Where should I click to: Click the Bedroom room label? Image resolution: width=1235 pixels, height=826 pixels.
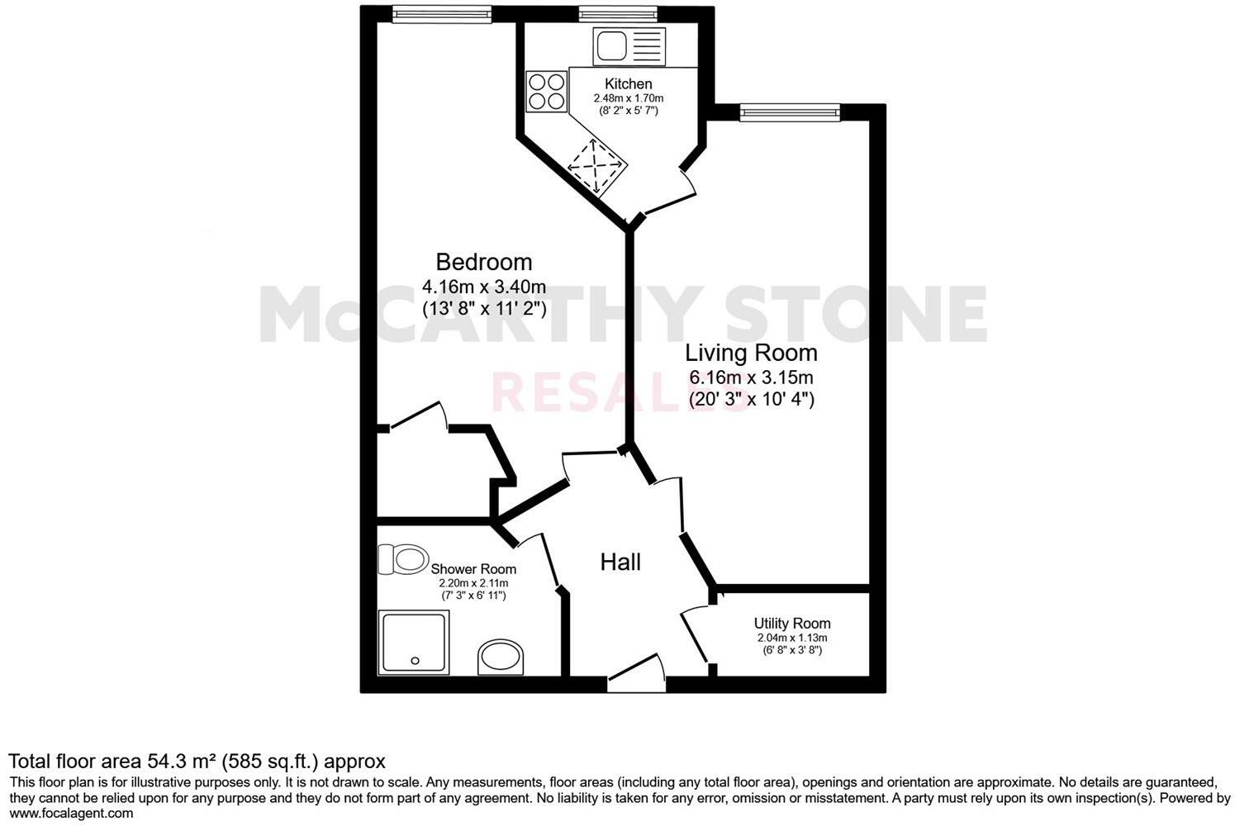click(x=484, y=263)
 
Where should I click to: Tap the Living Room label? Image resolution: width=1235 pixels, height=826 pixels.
click(x=751, y=354)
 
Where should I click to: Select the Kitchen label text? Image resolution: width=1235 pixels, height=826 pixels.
click(x=629, y=84)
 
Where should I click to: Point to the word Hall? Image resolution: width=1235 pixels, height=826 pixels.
click(x=620, y=563)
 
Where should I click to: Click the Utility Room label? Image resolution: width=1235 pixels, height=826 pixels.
click(x=792, y=624)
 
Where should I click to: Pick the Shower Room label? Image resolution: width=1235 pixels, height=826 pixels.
click(x=473, y=569)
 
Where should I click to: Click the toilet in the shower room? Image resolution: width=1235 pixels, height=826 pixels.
click(x=403, y=559)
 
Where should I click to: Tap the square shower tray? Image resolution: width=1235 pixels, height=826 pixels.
click(x=414, y=643)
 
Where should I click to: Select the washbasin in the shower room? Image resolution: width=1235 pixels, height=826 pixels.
click(x=501, y=657)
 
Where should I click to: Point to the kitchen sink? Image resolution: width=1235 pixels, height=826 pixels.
click(x=628, y=45)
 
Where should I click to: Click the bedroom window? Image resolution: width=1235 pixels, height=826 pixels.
click(x=441, y=14)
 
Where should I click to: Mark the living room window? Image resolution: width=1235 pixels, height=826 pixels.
click(x=790, y=112)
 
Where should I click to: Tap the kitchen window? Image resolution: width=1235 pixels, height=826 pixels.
click(x=618, y=13)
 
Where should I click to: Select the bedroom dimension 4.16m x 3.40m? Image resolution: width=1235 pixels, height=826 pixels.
click(x=484, y=287)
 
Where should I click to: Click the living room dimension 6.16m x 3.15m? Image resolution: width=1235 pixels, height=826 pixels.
click(x=752, y=378)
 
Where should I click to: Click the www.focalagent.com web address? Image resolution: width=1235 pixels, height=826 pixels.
click(x=71, y=814)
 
